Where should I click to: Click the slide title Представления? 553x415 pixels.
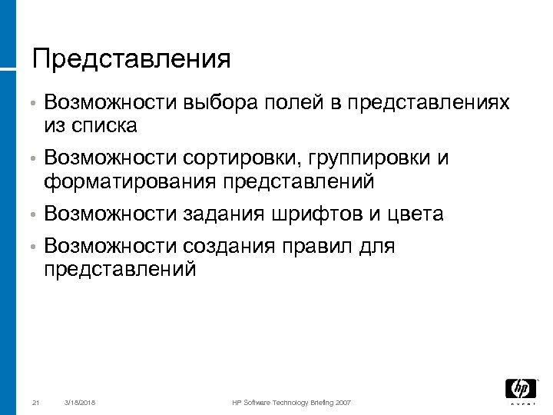(x=131, y=58)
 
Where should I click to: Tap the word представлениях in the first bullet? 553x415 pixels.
(x=429, y=102)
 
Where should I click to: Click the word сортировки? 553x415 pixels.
(x=243, y=158)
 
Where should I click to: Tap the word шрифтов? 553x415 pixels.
(x=317, y=214)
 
